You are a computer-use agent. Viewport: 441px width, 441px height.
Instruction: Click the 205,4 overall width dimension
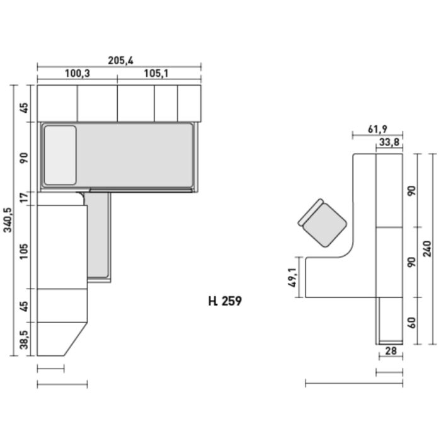(x=121, y=60)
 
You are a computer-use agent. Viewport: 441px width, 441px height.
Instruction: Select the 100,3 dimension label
(x=77, y=74)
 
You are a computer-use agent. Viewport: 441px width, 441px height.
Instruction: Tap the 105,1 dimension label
(x=156, y=74)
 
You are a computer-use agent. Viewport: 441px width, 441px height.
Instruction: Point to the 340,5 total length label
(x=8, y=220)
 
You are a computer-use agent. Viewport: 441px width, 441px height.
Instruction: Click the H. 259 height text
(x=225, y=301)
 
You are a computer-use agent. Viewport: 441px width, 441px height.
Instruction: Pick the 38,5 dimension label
(x=24, y=340)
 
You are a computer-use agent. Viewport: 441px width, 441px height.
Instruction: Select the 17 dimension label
(x=24, y=197)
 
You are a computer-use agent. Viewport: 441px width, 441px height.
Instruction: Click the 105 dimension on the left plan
(x=24, y=251)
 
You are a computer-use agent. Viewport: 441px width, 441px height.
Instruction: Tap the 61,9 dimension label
(x=377, y=129)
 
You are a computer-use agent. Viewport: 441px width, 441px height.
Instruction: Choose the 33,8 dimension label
(x=389, y=142)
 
